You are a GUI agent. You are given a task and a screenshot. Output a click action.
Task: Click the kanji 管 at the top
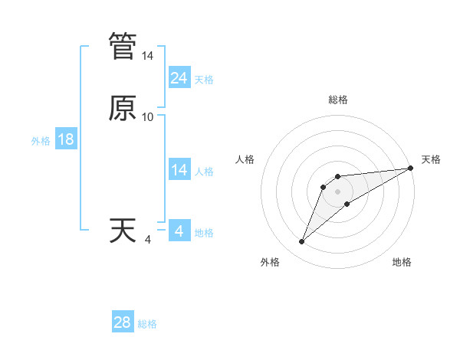[123, 46]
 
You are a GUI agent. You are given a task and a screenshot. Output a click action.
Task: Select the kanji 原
[123, 108]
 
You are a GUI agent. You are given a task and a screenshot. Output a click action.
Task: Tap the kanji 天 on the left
[123, 231]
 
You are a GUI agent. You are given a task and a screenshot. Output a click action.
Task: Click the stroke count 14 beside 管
[148, 57]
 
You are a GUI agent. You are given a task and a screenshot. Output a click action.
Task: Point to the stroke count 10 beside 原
[148, 117]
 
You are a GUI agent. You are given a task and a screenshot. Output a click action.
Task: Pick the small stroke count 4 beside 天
[148, 241]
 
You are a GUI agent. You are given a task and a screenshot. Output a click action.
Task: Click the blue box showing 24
[179, 78]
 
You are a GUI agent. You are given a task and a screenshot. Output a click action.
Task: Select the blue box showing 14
[179, 170]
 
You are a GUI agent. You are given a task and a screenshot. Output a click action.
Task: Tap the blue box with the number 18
[66, 139]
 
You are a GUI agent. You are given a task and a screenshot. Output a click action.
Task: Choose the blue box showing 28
[123, 322]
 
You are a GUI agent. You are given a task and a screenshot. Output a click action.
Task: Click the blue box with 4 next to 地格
[179, 231]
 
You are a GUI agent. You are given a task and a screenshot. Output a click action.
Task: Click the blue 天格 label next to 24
[204, 80]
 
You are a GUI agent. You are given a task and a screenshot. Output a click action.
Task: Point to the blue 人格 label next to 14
[204, 172]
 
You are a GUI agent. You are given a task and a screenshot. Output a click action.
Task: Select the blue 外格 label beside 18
[41, 141]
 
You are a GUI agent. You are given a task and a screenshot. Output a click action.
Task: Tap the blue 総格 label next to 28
[147, 324]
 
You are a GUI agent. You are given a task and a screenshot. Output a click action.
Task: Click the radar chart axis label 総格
[338, 100]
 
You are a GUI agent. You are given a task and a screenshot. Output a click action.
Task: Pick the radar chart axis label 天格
[432, 159]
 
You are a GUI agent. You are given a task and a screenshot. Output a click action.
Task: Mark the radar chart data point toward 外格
[301, 242]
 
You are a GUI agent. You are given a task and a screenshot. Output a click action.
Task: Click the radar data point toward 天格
[412, 168]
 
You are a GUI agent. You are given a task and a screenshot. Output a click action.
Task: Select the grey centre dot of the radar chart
[338, 191]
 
